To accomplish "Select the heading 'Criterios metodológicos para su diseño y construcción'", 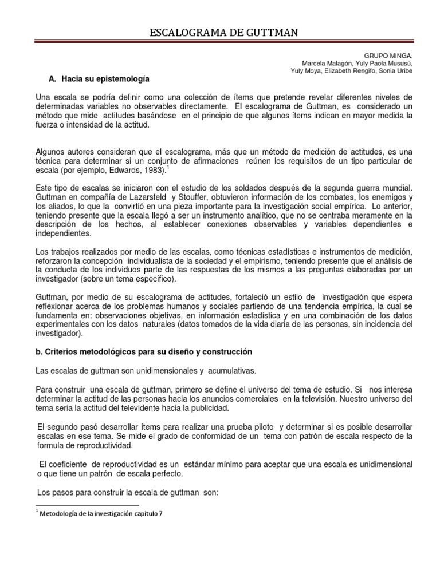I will (x=148, y=351).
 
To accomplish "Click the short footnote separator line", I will (x=87, y=505).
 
